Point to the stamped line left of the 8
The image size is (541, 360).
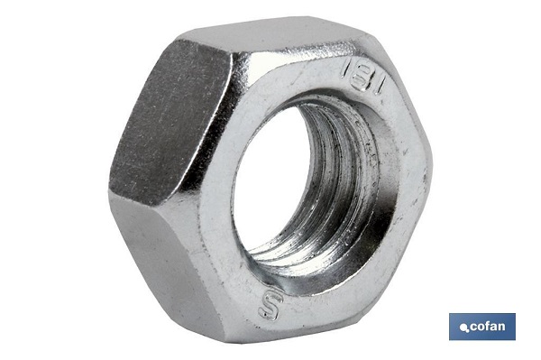point(345,70)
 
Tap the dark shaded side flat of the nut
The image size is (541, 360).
point(170,125)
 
